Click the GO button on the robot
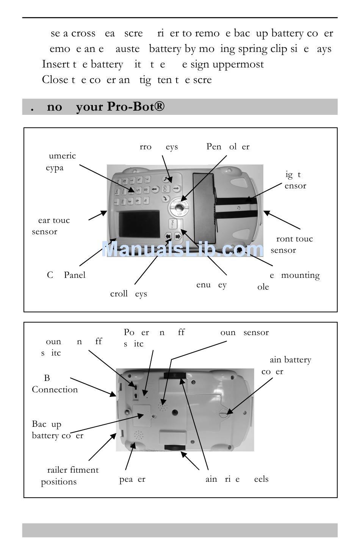click(x=165, y=189)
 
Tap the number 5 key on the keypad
click(x=138, y=190)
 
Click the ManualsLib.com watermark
click(x=183, y=249)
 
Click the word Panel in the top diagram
click(x=75, y=275)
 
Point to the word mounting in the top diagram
click(x=300, y=275)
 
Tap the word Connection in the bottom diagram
click(x=55, y=389)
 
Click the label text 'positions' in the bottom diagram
click(x=59, y=482)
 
